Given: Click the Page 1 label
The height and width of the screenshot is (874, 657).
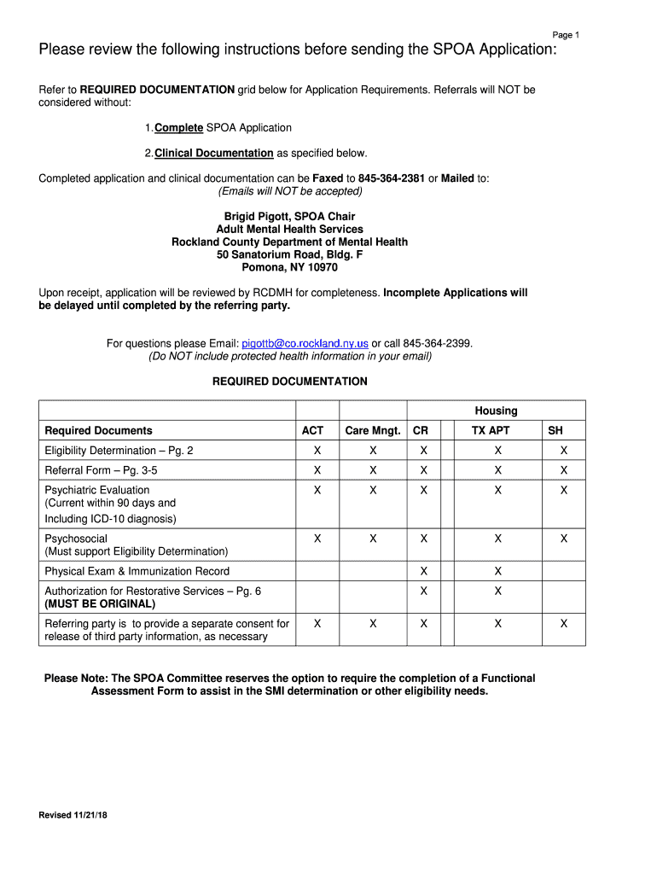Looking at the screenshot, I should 566,35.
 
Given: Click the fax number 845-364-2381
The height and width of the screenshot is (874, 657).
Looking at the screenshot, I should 392,178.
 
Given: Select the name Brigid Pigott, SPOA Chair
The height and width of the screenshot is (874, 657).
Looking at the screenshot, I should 289,216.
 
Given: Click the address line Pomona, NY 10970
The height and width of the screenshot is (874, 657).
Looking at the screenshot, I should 289,267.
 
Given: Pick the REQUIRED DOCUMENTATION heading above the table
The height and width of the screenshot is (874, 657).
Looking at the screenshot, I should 289,382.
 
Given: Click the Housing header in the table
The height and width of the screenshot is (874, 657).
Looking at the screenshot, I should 496,411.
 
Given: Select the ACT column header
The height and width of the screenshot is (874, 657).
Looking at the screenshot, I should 313,431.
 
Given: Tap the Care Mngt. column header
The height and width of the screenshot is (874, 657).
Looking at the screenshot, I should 373,431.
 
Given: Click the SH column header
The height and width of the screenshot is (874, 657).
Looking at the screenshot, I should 555,431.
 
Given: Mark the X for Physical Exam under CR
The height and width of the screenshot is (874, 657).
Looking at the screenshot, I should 423,571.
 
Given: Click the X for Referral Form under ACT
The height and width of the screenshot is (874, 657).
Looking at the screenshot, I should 317,470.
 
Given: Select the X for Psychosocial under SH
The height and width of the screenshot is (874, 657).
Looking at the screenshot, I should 563,539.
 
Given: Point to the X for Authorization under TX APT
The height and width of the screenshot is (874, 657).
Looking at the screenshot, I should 498,591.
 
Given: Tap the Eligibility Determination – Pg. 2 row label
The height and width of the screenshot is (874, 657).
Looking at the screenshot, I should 119,450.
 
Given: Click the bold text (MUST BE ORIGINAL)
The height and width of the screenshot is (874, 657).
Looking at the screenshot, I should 100,603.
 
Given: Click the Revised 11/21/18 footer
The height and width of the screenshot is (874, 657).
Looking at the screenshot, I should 73,815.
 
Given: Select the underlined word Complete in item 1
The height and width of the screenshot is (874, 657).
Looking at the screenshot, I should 178,128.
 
